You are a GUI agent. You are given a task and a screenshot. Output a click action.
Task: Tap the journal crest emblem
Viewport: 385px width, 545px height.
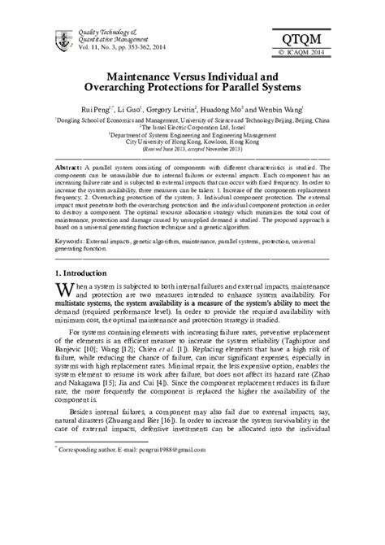coord(58,38)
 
